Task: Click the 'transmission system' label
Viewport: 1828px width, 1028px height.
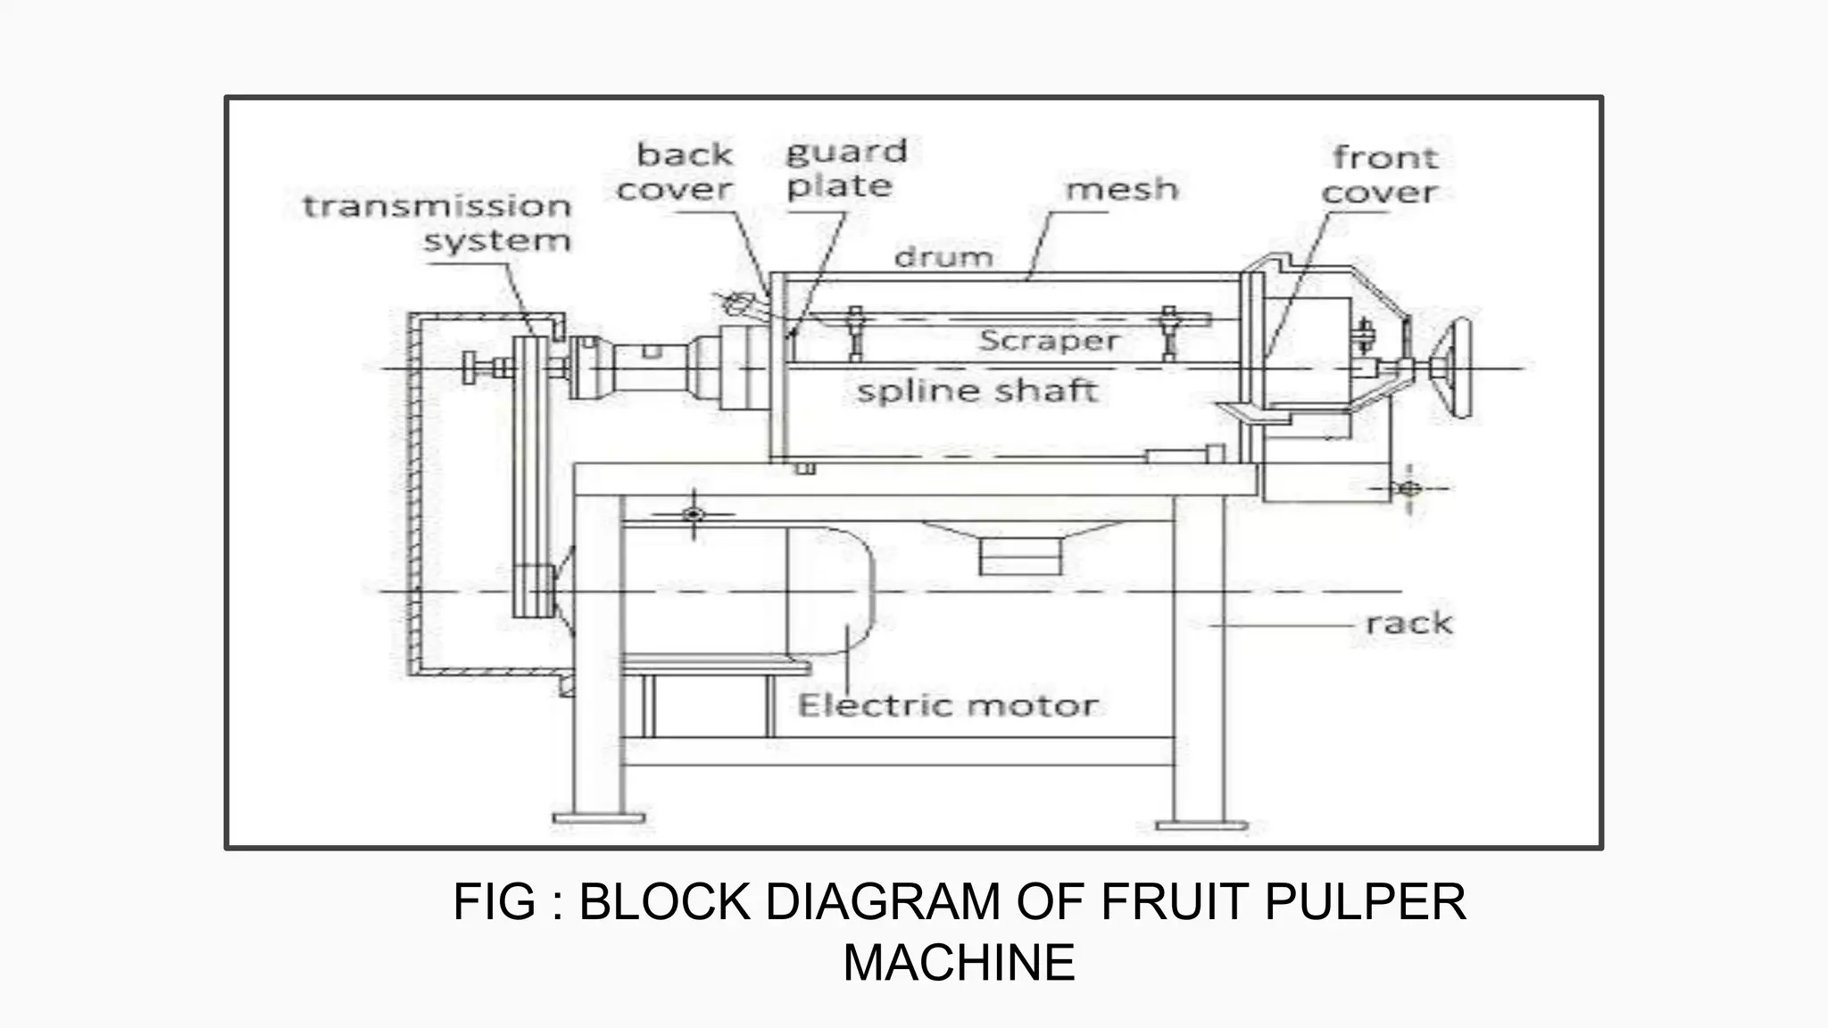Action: pos(437,223)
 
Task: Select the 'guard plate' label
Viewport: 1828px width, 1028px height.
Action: pos(844,169)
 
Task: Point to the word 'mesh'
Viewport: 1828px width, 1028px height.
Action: pos(1122,189)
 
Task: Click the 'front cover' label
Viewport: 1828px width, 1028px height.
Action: pos(1382,175)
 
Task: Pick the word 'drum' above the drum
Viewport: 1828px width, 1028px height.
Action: pos(943,258)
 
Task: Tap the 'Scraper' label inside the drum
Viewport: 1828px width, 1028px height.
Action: pos(1049,341)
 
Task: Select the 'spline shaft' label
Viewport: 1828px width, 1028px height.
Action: pos(976,391)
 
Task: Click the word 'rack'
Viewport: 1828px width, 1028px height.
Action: pos(1408,623)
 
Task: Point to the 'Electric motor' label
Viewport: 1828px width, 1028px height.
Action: pos(947,706)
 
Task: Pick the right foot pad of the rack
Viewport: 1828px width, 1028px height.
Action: pos(1201,825)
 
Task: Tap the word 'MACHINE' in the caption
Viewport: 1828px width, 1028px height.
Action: pos(959,963)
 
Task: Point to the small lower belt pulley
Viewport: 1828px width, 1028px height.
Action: pos(535,591)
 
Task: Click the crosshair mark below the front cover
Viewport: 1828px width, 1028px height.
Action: pos(1409,488)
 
